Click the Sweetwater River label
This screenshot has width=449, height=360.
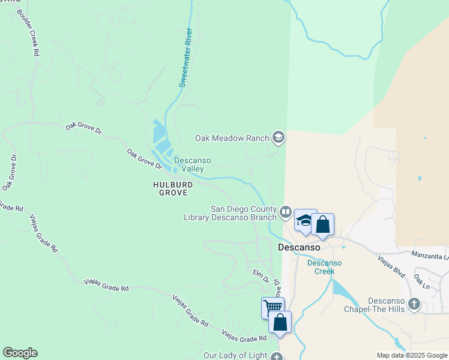point(185,58)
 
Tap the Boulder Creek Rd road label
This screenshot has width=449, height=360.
point(28,34)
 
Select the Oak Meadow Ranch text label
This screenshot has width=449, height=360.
point(232,138)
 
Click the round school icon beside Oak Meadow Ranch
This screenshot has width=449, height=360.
point(278,138)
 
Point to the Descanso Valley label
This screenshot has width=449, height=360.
point(189,164)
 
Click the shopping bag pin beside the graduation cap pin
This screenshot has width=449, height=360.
point(322,225)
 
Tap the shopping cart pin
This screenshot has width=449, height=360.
point(273,308)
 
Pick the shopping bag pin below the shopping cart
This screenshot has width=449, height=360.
point(280,322)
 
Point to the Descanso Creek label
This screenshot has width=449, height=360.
point(324,267)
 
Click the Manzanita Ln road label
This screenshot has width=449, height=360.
point(430,256)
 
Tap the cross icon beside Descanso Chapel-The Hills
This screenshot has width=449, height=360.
point(414,304)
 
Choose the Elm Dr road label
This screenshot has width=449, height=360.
point(259,275)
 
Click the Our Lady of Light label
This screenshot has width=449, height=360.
point(235,356)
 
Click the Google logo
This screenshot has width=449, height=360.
point(20,353)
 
